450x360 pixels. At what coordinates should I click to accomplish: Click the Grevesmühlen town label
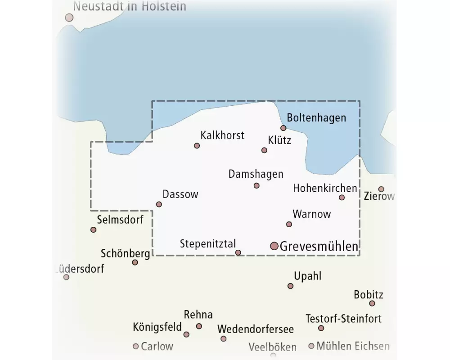coord(319,246)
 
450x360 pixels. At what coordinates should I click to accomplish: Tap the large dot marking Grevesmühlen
coord(274,246)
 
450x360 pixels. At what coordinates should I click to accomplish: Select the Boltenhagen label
coord(316,118)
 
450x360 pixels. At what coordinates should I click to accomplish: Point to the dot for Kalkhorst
coord(197,145)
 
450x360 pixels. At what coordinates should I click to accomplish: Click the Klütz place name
coord(279,140)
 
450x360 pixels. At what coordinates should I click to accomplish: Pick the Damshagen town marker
coord(256,185)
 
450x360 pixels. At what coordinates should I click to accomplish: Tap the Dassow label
coord(180,194)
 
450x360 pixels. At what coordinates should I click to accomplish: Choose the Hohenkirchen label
coord(325,188)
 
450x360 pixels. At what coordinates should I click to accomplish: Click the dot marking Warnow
coord(289,224)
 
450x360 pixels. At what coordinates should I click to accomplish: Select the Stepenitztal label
coord(208,244)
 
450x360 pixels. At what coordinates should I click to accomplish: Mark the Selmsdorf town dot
coord(93,229)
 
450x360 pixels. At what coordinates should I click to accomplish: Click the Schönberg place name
coord(125,253)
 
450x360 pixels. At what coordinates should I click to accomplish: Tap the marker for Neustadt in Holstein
coord(69,18)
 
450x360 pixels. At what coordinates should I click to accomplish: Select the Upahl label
coord(307,276)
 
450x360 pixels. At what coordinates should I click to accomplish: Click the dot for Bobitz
coord(372,303)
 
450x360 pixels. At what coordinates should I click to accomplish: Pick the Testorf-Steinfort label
coord(343,319)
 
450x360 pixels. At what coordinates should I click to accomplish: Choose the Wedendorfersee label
coord(255,329)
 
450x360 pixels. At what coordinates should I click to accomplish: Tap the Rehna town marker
coord(199,326)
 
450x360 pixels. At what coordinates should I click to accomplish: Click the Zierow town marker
coord(381,189)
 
